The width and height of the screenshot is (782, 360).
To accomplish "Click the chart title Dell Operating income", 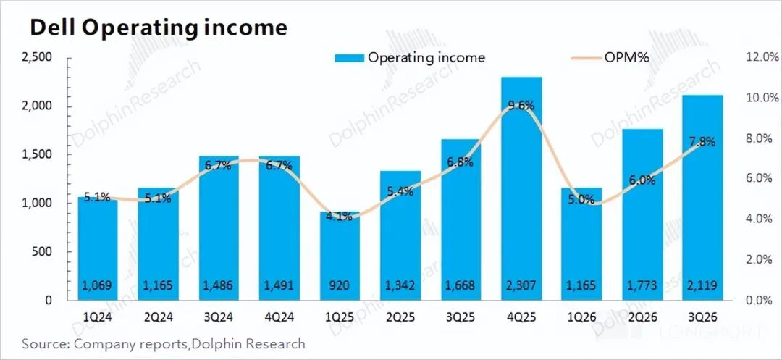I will tap(158, 28).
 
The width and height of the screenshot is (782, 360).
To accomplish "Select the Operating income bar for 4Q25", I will tap(521, 188).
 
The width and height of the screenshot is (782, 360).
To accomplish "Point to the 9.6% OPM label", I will tap(521, 106).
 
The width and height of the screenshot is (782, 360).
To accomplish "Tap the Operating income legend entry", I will tap(409, 58).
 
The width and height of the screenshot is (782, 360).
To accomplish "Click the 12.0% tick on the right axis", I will tap(757, 58).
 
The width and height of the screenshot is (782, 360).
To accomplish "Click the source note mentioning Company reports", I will tap(164, 343).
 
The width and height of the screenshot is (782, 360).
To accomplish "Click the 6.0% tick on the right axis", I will tap(760, 179).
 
